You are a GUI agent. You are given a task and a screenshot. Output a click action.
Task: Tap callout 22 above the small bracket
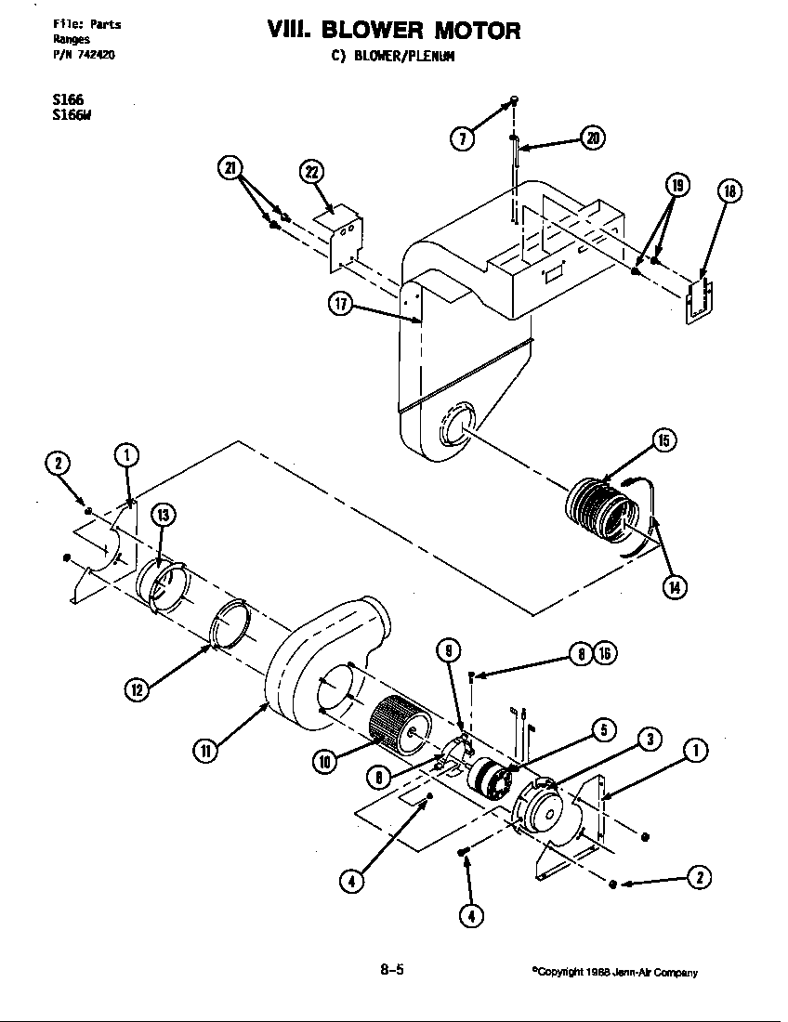(312, 172)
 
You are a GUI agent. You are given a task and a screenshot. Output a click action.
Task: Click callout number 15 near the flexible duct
(663, 440)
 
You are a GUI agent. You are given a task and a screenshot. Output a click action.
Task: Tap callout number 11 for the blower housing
(207, 751)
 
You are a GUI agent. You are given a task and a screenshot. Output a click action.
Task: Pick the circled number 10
(324, 762)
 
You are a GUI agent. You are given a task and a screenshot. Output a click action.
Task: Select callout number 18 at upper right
(729, 191)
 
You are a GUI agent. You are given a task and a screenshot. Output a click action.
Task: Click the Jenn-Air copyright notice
(614, 972)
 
